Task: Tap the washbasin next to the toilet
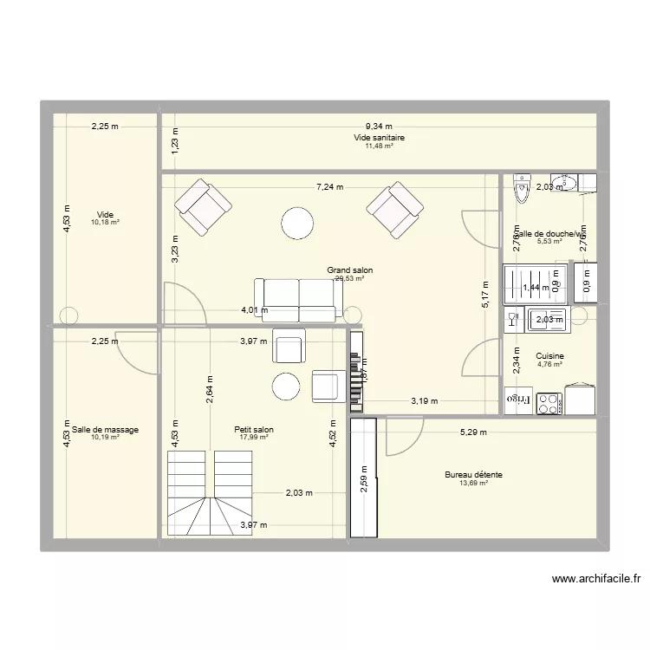pos(587,182)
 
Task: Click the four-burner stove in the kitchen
pos(549,402)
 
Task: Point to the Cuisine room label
pos(550,356)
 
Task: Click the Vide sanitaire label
pos(379,138)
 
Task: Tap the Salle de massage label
pos(106,429)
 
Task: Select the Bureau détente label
pos(474,475)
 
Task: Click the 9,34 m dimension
pos(378,127)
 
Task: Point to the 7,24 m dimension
pos(329,186)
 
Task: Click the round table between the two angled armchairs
pos(298,224)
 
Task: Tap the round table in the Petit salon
pos(287,387)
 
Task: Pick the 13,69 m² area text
pos(474,484)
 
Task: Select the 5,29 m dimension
pos(473,432)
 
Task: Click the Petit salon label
pos(254,429)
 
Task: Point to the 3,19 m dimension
pos(424,400)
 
